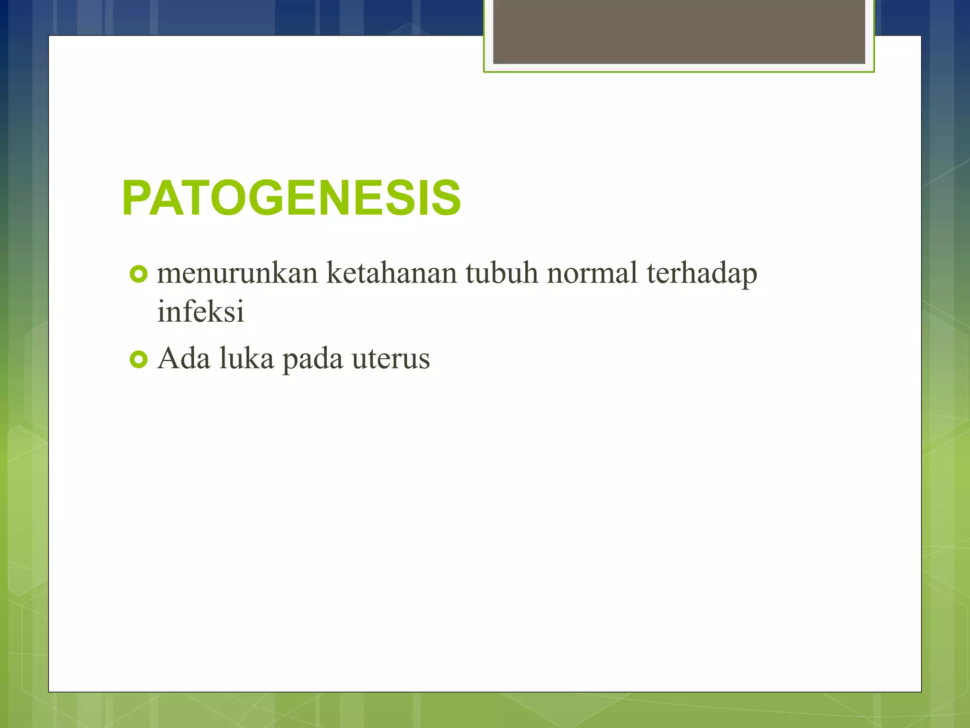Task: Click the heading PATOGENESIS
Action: click(291, 198)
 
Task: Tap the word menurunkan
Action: click(237, 274)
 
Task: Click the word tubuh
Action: click(502, 274)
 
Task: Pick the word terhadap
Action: click(701, 274)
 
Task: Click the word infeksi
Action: click(200, 312)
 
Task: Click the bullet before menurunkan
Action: click(138, 274)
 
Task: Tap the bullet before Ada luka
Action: click(138, 360)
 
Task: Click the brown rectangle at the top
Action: click(679, 31)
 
